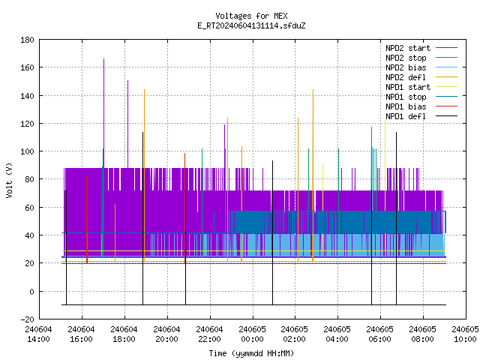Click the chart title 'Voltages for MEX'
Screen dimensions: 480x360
tap(251, 16)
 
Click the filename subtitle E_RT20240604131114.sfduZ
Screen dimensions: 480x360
tap(251, 25)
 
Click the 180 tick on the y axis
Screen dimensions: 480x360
tap(27, 40)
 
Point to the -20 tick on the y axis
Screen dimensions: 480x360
tap(27, 319)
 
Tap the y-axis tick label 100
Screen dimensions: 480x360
tap(27, 151)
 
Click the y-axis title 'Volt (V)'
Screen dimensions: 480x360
tap(9, 180)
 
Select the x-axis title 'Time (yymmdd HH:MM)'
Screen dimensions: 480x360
tap(251, 353)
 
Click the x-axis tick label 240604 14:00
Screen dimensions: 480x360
tap(39, 334)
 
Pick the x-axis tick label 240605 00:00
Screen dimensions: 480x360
tap(252, 334)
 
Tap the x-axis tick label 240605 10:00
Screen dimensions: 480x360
tap(465, 334)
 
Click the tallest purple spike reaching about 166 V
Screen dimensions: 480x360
tap(103, 113)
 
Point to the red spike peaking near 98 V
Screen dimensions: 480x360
tap(185, 208)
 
